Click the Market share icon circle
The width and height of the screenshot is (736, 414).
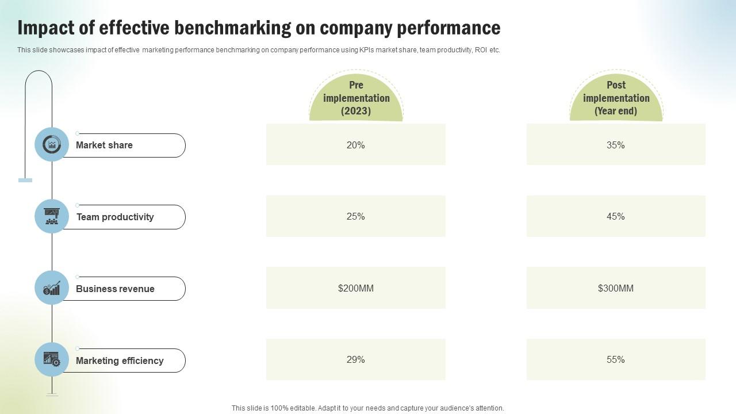52,144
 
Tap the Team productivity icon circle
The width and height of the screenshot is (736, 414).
52,216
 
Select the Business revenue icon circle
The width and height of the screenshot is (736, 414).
52,287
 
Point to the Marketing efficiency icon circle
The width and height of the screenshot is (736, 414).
52,359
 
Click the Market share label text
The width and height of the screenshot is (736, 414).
104,145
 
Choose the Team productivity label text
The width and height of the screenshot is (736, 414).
115,217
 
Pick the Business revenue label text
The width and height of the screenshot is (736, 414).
115,289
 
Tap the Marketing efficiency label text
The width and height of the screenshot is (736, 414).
120,361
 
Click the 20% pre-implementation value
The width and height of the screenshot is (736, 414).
356,145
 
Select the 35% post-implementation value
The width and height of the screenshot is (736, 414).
615,145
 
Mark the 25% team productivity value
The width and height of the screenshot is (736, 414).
356,217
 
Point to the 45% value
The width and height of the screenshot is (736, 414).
615,217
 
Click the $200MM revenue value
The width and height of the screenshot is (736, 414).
356,288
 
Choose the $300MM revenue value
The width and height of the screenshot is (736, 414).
615,288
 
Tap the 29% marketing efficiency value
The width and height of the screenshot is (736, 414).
356,360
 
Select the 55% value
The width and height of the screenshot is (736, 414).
615,360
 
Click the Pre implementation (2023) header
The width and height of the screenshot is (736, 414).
356,98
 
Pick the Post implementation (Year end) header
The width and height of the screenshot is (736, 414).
616,98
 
